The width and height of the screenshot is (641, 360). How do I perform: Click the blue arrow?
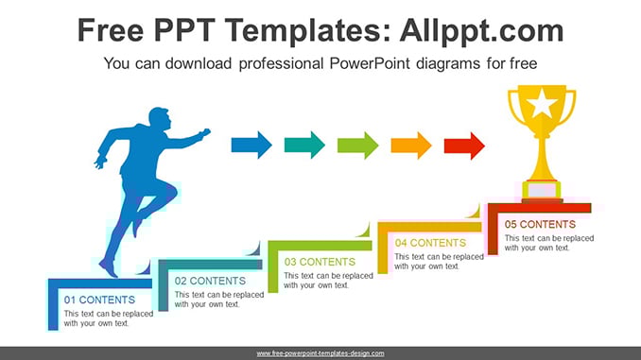pyautogui.click(x=251, y=146)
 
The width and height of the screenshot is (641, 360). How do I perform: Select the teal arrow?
pyautogui.click(x=304, y=146)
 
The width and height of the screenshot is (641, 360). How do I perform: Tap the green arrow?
pyautogui.click(x=357, y=146)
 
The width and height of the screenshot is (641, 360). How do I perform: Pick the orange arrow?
pyautogui.click(x=411, y=146)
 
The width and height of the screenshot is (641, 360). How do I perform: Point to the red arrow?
pyautogui.click(x=464, y=146)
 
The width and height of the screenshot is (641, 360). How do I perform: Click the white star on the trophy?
pyautogui.click(x=542, y=102)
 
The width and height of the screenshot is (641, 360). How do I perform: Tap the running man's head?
pyautogui.click(x=159, y=118)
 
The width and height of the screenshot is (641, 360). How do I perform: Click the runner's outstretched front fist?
pyautogui.click(x=204, y=133)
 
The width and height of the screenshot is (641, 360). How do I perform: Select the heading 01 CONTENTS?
pyautogui.click(x=99, y=300)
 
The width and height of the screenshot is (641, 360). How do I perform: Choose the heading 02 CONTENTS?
pyautogui.click(x=210, y=282)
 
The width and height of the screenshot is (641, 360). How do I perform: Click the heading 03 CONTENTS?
pyautogui.click(x=320, y=262)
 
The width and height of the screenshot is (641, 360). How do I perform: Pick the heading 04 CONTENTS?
pyautogui.click(x=430, y=243)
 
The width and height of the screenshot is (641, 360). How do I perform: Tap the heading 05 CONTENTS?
pyautogui.click(x=540, y=224)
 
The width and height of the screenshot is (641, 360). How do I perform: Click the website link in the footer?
pyautogui.click(x=320, y=353)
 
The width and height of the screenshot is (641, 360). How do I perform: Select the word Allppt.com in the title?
pyautogui.click(x=481, y=30)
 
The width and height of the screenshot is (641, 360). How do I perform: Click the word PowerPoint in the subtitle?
pyautogui.click(x=370, y=63)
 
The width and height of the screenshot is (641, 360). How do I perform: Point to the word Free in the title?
pyautogui.click(x=111, y=30)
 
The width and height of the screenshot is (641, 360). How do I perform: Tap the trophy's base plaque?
pyautogui.click(x=542, y=191)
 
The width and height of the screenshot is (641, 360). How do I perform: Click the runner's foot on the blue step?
pyautogui.click(x=109, y=267)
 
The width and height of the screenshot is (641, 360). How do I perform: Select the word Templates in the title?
pyautogui.click(x=304, y=30)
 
